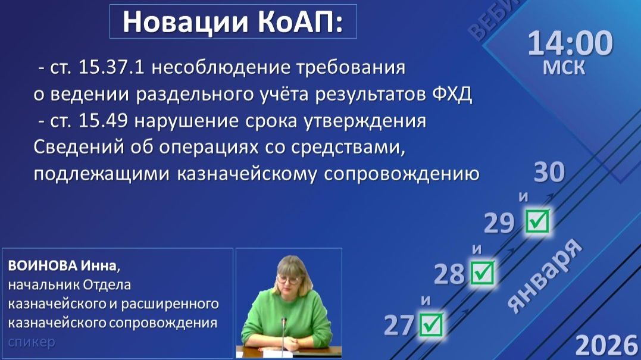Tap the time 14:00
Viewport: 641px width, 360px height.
(x=570, y=44)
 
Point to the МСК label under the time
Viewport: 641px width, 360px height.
(x=564, y=67)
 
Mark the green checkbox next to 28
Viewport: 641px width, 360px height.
(x=482, y=273)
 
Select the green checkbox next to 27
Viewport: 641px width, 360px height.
(x=431, y=324)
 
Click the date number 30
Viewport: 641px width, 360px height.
(x=549, y=173)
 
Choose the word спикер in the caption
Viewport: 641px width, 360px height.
(x=32, y=342)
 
